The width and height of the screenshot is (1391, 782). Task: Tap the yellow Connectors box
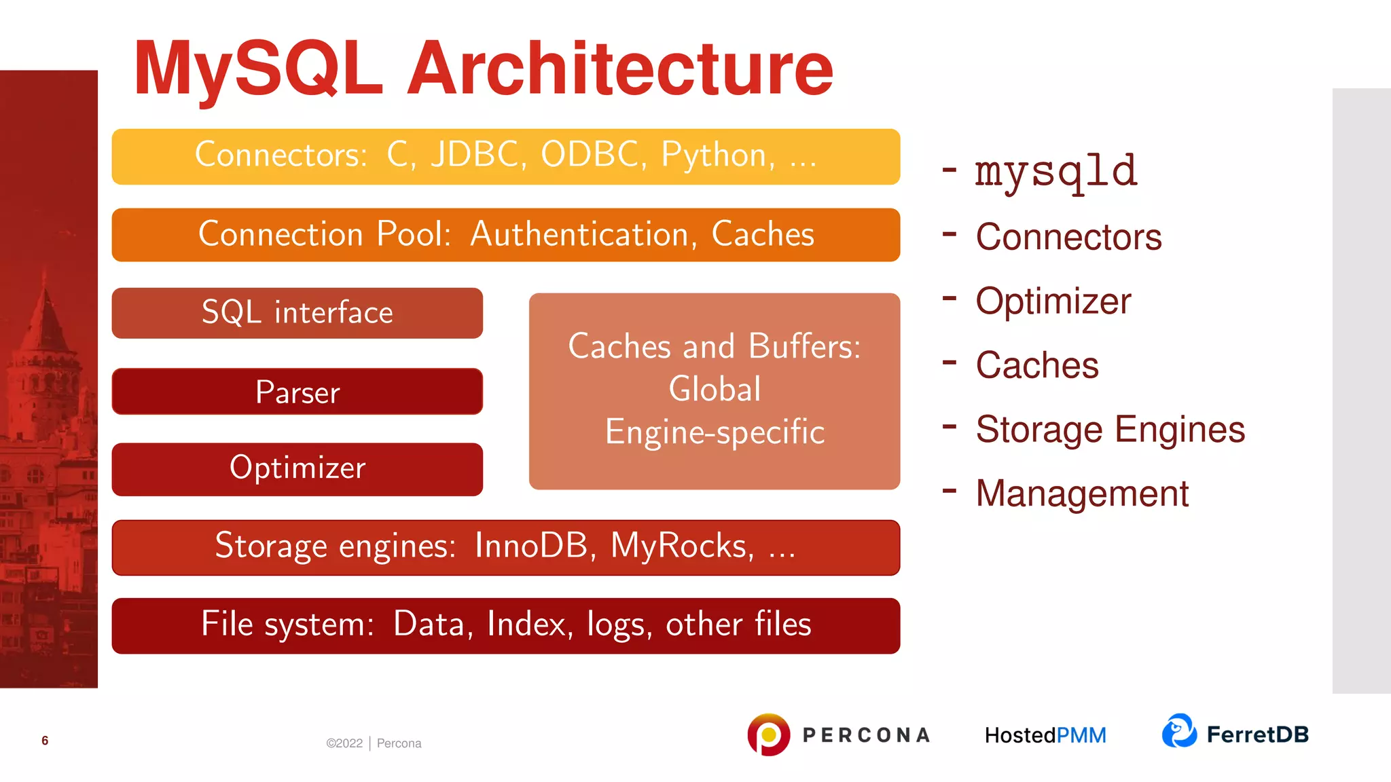(505, 156)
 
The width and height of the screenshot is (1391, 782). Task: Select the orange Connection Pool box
(505, 235)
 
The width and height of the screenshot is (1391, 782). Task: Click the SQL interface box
(297, 313)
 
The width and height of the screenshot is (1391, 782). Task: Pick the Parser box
(297, 392)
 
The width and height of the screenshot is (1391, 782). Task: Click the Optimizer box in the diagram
(297, 469)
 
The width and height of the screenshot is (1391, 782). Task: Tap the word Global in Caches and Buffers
(715, 390)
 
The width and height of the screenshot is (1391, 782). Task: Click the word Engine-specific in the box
(715, 432)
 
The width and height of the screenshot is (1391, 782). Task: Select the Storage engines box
(505, 547)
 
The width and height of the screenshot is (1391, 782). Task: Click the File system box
(505, 625)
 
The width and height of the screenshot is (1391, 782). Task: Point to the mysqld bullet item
(1055, 171)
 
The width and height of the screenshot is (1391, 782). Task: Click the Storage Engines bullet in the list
(1110, 430)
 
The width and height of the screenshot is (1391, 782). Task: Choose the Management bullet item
(1081, 494)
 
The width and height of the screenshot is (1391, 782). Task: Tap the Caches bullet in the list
(1036, 365)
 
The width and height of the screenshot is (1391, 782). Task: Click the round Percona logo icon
(768, 734)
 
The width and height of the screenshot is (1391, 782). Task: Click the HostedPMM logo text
(1045, 735)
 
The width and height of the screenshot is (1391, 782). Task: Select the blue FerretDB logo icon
(1179, 731)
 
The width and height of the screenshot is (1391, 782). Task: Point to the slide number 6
(45, 741)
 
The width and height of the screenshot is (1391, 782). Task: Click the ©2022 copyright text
(344, 743)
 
